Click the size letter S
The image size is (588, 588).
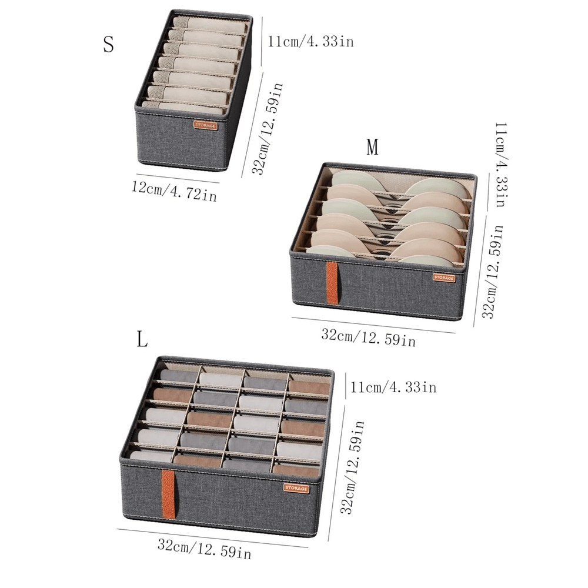point(108,45)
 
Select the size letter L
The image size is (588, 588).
point(142,339)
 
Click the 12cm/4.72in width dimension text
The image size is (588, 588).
point(174,191)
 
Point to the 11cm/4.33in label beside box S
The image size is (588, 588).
point(310,42)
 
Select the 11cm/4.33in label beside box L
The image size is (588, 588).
point(393,387)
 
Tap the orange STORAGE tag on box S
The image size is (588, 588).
point(206,125)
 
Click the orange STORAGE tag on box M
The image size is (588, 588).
point(444,278)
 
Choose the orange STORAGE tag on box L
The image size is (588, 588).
point(296,487)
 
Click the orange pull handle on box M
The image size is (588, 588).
point(332,283)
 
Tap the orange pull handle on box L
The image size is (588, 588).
point(168,494)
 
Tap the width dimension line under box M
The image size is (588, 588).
point(373,325)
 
